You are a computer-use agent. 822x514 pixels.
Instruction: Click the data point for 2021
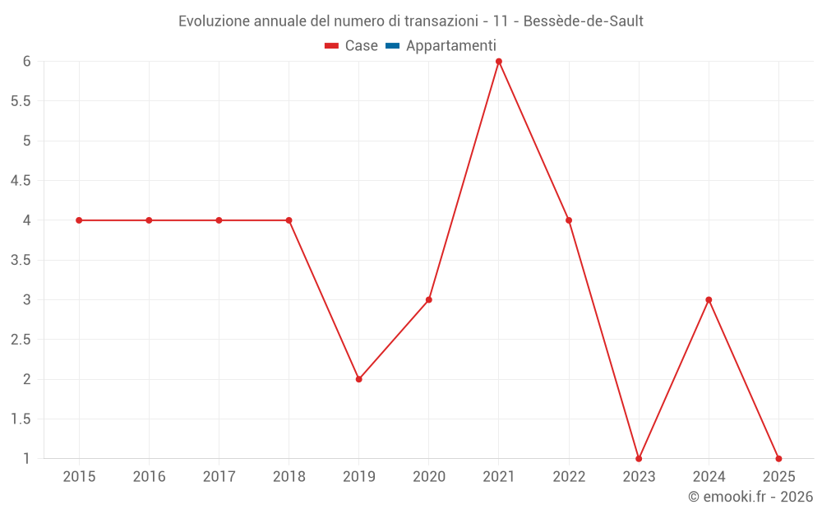tap(499, 62)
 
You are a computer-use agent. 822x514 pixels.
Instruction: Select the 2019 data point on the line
tap(359, 379)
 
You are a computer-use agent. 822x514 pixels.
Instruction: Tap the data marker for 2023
tap(639, 458)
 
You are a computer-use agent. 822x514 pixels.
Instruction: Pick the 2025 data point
tap(778, 458)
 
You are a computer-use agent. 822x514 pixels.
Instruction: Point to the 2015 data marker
tap(79, 220)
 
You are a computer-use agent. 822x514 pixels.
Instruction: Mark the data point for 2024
tap(709, 299)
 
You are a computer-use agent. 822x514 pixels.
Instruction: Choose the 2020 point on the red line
tap(429, 299)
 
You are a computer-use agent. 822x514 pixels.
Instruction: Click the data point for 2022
tap(569, 220)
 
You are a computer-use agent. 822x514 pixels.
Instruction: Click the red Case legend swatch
tap(331, 46)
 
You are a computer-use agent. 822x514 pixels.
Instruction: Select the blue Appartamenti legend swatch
tap(392, 46)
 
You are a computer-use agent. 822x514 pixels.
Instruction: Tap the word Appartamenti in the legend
tap(450, 46)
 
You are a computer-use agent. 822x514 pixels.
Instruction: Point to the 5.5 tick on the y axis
tap(21, 101)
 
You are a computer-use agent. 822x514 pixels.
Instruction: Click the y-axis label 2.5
tap(21, 340)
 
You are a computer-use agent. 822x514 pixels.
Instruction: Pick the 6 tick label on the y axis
tap(26, 62)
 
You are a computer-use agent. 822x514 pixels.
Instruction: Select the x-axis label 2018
tap(289, 477)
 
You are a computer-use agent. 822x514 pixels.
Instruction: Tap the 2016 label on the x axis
tap(149, 477)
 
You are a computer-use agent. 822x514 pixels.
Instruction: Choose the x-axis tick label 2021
tap(499, 477)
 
